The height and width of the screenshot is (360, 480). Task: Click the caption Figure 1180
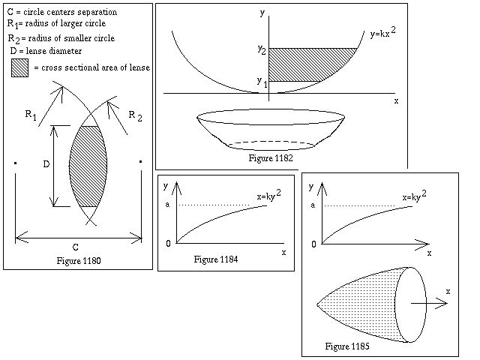point(79,261)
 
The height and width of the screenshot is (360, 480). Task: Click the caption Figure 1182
point(271,158)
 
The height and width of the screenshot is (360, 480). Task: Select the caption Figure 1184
point(216,259)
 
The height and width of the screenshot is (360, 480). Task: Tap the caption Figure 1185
point(347,346)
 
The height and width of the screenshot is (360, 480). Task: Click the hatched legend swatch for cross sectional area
point(20,67)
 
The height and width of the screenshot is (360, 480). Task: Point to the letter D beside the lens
point(46,164)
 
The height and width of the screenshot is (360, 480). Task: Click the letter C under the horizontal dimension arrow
point(75,247)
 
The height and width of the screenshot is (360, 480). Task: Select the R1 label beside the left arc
point(31,115)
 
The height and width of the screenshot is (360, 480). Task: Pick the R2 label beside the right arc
point(135,116)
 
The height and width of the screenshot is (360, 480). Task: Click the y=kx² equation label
point(382,32)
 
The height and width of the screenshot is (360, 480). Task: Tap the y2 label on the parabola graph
point(262,49)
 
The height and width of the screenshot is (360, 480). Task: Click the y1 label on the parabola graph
point(262,82)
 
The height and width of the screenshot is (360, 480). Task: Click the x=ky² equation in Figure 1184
point(268,195)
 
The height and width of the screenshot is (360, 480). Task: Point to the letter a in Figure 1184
point(167,205)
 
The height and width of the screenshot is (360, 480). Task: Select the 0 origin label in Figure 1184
point(168,244)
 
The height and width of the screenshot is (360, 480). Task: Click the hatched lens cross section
point(88,166)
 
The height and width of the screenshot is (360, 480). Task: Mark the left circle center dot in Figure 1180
point(15,163)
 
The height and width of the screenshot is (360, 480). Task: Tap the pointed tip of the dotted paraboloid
point(317,304)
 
